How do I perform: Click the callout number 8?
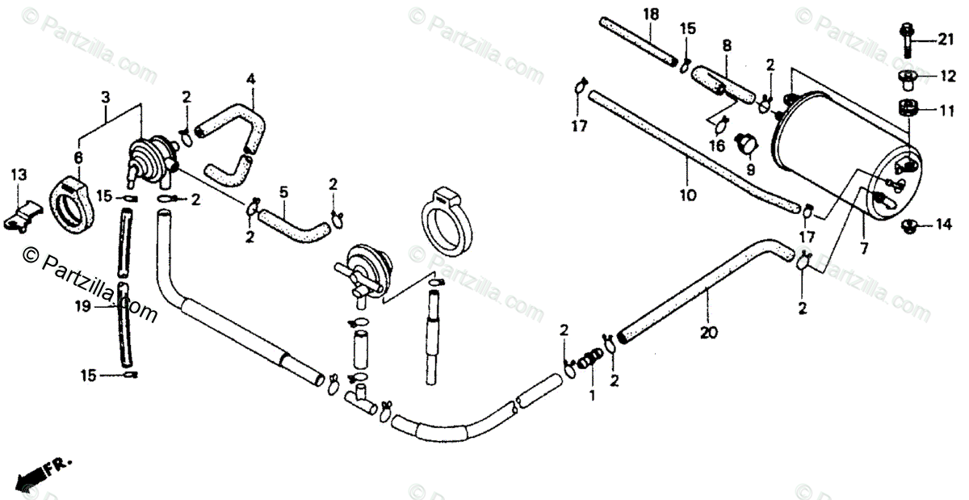point(727,46)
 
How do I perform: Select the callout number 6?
point(78,157)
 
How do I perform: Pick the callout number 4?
point(251,79)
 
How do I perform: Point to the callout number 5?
point(283,192)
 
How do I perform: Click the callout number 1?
point(591,397)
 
